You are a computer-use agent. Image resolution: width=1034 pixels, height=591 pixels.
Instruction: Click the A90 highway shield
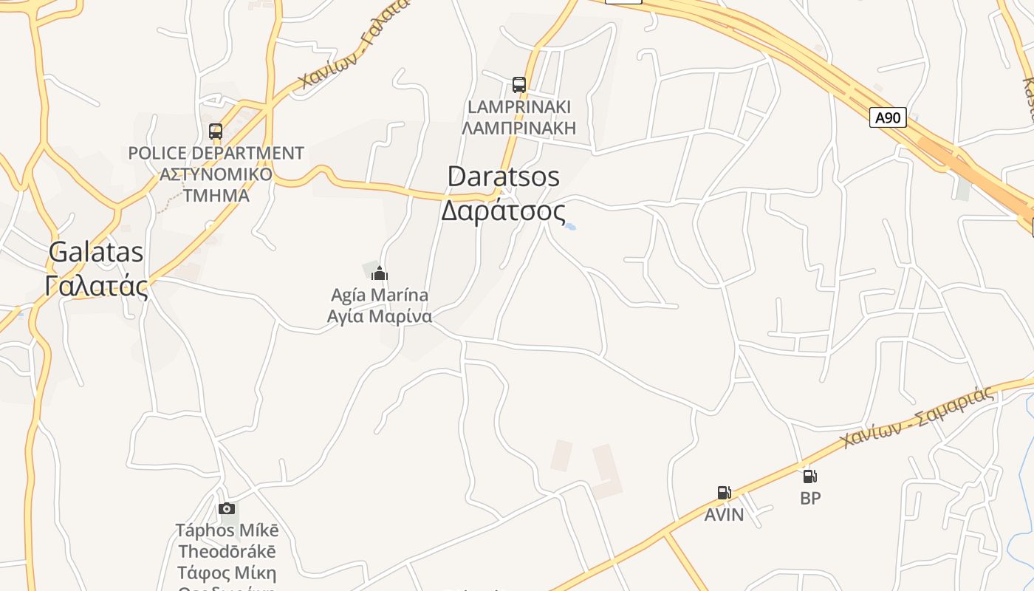888,117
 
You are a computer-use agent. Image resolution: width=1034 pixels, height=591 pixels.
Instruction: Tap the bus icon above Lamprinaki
519,85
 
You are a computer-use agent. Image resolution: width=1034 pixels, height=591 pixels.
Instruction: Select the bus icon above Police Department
216,131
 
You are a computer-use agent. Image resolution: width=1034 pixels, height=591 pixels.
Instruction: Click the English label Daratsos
503,177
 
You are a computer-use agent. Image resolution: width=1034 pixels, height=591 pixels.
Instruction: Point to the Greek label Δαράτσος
503,211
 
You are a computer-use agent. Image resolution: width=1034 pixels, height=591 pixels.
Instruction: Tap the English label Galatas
96,252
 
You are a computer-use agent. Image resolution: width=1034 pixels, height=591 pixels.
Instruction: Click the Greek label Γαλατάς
96,285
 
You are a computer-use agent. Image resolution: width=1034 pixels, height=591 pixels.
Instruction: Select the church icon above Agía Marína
380,273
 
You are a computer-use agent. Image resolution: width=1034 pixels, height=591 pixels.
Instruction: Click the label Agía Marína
380,295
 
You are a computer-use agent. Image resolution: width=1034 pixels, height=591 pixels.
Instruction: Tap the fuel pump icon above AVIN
725,493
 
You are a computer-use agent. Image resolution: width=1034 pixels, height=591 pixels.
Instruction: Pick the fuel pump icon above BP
810,476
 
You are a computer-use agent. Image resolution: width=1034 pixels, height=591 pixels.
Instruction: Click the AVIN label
724,515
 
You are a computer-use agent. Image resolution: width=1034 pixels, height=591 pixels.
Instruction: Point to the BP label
810,499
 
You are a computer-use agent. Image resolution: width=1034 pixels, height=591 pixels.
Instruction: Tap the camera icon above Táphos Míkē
227,508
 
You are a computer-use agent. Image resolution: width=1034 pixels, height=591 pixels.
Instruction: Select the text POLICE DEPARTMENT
216,154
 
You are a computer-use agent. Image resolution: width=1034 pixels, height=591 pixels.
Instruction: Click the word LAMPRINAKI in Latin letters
518,107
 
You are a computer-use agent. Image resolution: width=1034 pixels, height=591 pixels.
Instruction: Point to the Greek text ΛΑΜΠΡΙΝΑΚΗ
518,128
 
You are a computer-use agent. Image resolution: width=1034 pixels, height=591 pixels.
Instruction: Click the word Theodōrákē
227,552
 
